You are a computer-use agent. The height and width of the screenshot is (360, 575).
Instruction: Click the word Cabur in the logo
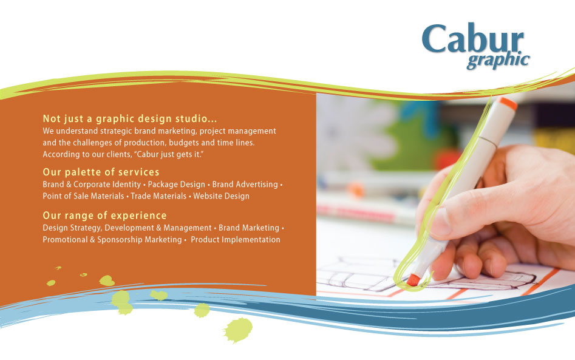[x=472, y=39]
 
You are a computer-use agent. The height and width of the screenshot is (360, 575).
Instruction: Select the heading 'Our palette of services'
[x=101, y=172]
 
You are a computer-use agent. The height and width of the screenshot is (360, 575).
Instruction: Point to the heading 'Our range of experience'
[x=104, y=216]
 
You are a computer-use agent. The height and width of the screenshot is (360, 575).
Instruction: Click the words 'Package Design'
[x=176, y=184]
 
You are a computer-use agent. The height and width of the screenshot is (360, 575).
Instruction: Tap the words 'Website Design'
[x=221, y=196]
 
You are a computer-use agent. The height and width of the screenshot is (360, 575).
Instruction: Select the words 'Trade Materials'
[x=158, y=196]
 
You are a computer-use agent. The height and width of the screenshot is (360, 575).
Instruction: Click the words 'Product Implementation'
[x=236, y=240]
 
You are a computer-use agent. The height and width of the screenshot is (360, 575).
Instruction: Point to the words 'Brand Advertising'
[x=245, y=184]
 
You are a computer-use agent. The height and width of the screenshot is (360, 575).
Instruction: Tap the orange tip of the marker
[x=413, y=280]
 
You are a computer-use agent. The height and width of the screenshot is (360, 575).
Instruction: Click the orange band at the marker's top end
[x=509, y=103]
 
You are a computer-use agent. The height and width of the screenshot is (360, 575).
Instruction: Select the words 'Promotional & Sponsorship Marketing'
[x=112, y=240]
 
